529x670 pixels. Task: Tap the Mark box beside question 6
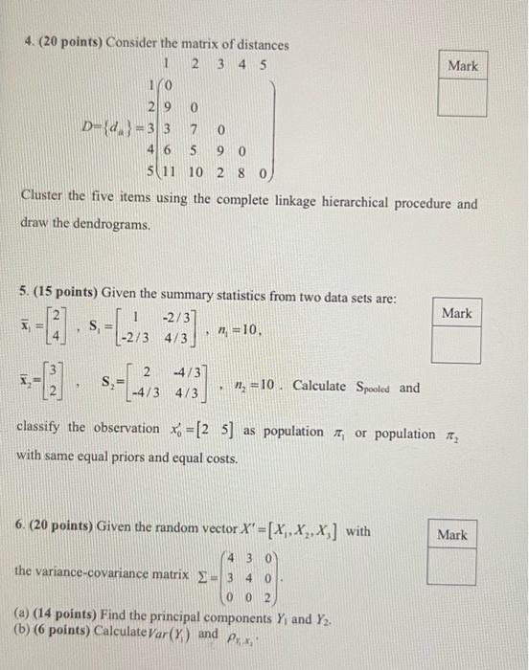click(x=452, y=552)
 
